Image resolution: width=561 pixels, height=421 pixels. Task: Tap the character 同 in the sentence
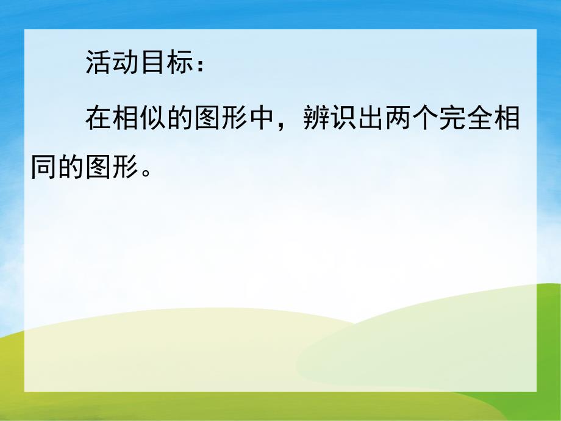tap(44, 166)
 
